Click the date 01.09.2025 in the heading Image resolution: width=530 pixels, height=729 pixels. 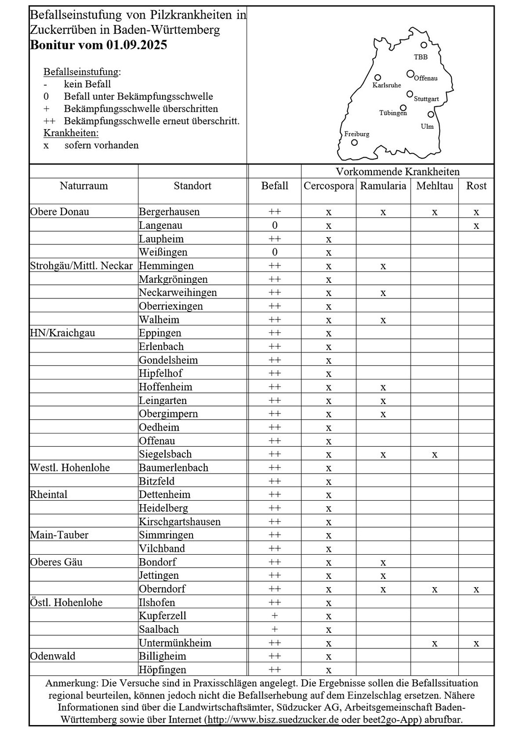tap(137, 45)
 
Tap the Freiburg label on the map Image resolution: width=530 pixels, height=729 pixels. tap(357, 134)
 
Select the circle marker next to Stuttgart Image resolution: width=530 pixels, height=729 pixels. tap(410, 94)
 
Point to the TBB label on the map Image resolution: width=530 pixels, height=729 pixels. tap(420, 57)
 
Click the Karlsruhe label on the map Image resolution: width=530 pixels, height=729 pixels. tap(387, 85)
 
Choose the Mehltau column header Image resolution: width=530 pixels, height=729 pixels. tap(434, 186)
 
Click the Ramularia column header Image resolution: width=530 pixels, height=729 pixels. tap(383, 186)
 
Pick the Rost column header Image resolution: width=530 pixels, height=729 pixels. tap(476, 186)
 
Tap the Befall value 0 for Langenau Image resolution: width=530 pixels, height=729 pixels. tap(275, 225)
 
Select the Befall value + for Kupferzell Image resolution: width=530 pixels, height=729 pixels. tap(275, 616)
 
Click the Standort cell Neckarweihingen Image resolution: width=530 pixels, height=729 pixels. tap(178, 293)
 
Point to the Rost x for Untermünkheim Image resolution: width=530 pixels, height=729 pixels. tap(476, 644)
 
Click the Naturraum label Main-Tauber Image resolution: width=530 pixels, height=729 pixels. tap(59, 535)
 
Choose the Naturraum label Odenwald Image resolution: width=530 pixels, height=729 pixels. tap(53, 656)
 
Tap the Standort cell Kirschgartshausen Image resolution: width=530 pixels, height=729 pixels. tap(180, 522)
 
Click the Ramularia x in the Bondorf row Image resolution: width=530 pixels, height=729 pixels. tap(383, 563)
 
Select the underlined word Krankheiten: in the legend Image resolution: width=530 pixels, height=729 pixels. tap(71, 133)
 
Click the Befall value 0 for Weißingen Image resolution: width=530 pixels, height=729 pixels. tap(275, 252)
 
